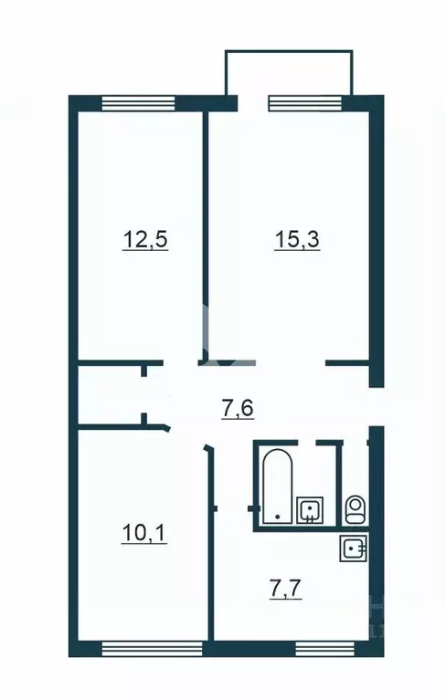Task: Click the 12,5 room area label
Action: [x=147, y=241]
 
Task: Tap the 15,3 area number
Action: [x=296, y=241]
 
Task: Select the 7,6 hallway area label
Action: [x=237, y=408]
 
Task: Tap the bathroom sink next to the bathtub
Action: [x=311, y=507]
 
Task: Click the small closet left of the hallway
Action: [x=110, y=394]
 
